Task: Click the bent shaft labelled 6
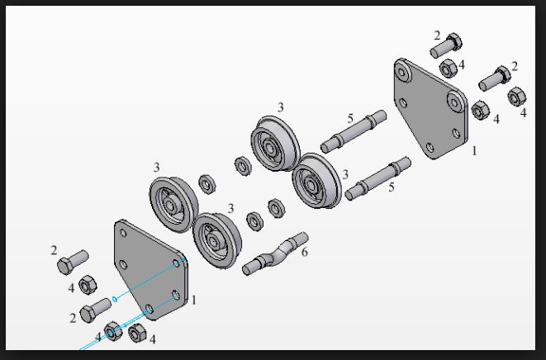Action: click(x=275, y=254)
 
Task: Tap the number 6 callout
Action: click(x=305, y=252)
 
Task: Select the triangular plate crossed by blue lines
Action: click(x=151, y=270)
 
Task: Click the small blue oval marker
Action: click(x=115, y=298)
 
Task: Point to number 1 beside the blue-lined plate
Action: click(x=194, y=300)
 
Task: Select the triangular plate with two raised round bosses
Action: click(x=430, y=109)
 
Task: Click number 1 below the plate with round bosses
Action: click(x=474, y=151)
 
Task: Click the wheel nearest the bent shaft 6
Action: click(x=217, y=240)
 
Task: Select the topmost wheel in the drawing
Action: click(x=275, y=144)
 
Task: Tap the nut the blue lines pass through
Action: click(x=113, y=331)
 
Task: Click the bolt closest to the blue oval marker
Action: click(x=96, y=310)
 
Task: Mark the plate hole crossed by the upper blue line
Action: click(x=177, y=263)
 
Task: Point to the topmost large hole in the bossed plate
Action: click(x=403, y=73)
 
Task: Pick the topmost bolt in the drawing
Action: click(x=446, y=45)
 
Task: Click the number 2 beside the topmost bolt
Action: click(x=437, y=36)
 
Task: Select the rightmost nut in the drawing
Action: click(x=517, y=97)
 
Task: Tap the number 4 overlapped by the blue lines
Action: click(x=98, y=337)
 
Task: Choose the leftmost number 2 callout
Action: click(x=54, y=250)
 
